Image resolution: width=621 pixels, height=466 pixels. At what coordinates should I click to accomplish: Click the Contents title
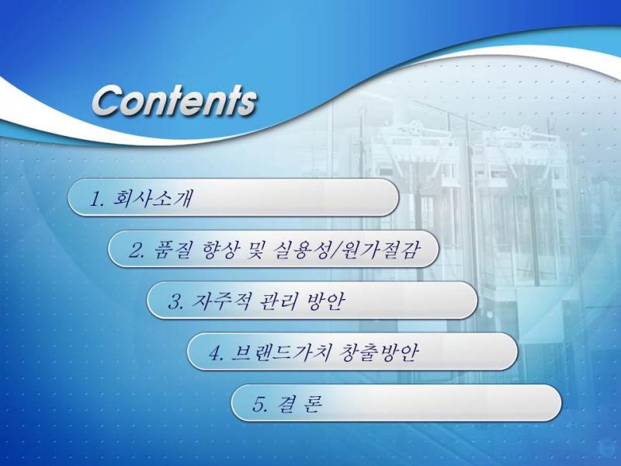click(175, 101)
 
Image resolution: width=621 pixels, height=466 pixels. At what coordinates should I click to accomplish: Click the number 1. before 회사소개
click(96, 198)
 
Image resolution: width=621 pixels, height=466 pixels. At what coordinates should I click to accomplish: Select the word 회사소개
click(153, 198)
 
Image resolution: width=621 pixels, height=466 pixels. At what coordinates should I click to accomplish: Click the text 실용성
click(302, 249)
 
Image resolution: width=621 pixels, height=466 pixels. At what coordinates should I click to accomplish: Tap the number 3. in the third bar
click(176, 301)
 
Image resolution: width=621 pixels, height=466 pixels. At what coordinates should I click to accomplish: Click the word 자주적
click(221, 301)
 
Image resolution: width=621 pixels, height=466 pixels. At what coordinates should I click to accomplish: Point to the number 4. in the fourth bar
click(217, 353)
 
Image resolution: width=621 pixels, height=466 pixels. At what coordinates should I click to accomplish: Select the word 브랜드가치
click(280, 353)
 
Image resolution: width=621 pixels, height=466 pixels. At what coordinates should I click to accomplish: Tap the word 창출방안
click(378, 353)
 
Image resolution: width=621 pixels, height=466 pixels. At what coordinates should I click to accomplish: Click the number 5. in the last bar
click(260, 404)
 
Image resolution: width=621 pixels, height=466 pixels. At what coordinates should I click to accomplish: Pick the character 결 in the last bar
click(286, 404)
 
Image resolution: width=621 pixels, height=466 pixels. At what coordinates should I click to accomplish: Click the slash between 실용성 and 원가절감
click(335, 250)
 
